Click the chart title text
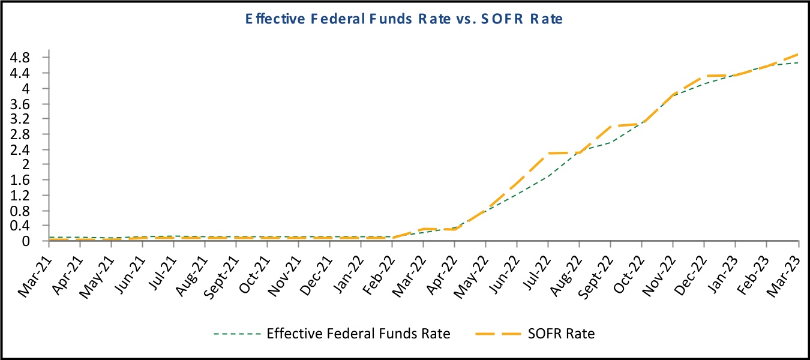[404, 19]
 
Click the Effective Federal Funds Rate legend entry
[358, 334]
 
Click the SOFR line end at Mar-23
[797, 54]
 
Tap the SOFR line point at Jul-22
[548, 154]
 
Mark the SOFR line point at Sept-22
[610, 127]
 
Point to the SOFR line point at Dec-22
[704, 76]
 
